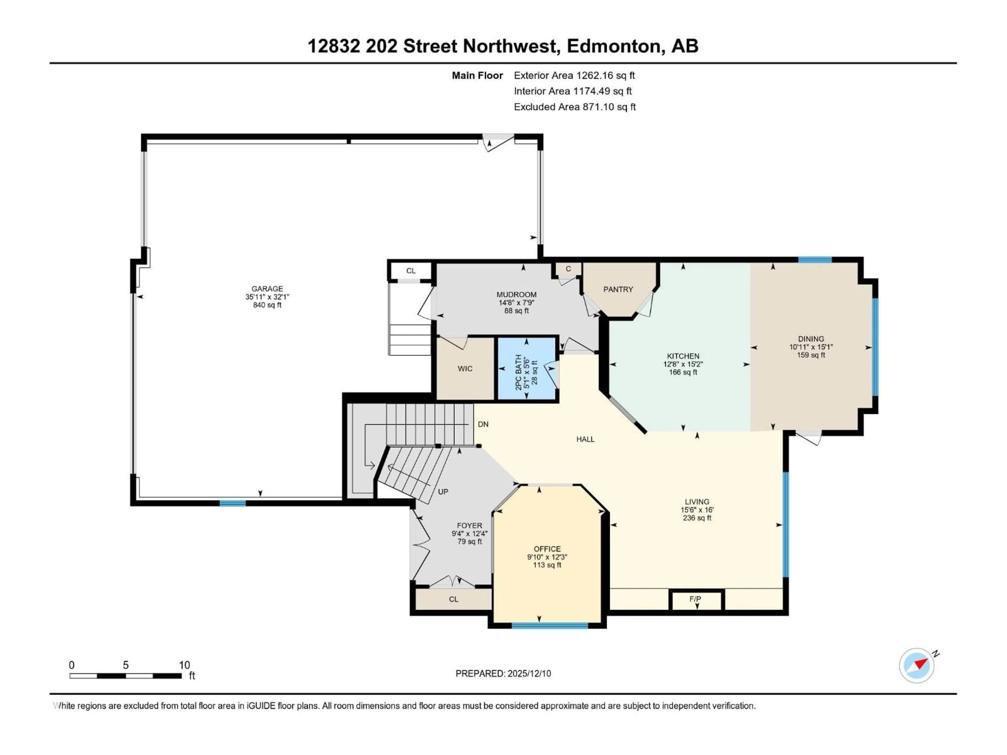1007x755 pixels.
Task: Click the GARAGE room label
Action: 267,289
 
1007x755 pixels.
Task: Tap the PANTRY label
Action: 618,289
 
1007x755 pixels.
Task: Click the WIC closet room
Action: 465,369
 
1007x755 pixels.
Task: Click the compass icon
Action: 917,665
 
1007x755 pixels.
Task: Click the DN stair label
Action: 483,424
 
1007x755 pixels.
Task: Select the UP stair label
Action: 443,492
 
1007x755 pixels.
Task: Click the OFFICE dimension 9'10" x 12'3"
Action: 547,557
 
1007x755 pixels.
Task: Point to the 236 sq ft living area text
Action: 697,518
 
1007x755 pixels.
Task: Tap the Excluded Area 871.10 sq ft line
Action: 575,107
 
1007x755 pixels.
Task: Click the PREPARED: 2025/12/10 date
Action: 503,673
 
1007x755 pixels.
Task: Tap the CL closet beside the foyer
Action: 453,599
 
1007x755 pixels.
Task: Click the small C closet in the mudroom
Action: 568,269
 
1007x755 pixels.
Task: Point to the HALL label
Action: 585,439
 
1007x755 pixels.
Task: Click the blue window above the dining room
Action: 815,260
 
